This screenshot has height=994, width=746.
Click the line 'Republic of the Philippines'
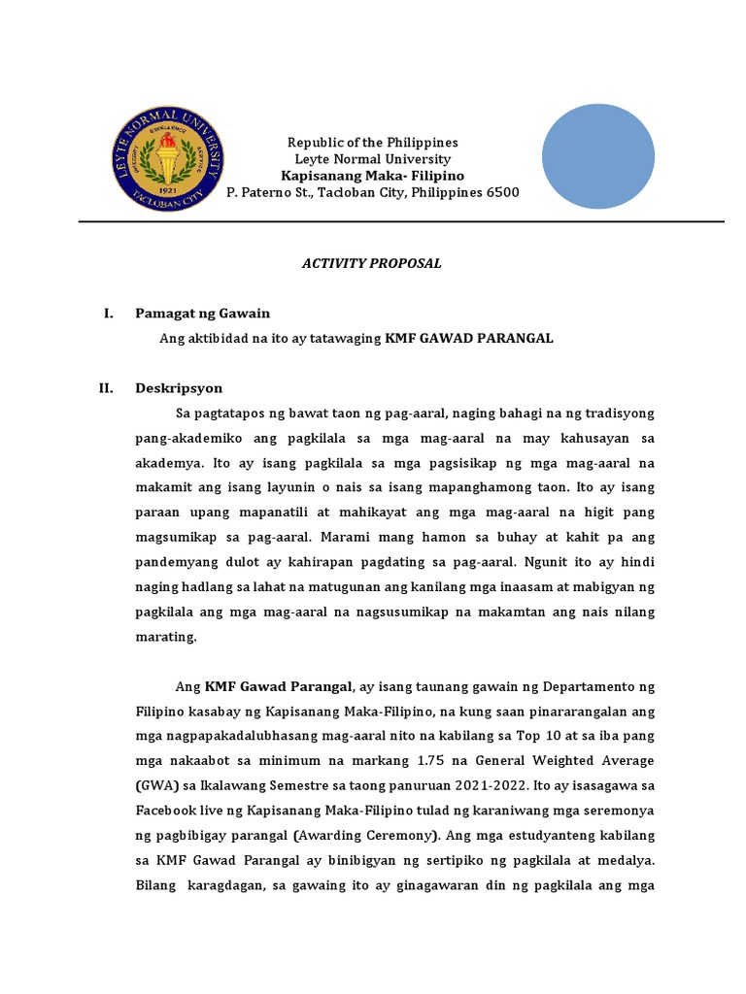point(373,142)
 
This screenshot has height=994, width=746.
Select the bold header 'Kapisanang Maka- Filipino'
point(373,176)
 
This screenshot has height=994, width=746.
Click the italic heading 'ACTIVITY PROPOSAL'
point(373,263)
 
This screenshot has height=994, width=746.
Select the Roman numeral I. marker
point(109,314)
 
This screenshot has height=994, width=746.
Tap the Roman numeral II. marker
point(107,388)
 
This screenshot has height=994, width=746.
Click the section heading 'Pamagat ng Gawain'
point(202,314)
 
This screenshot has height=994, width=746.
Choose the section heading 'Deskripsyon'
point(179,388)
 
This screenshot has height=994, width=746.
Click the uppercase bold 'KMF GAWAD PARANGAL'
point(469,339)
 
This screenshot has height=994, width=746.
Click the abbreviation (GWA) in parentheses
point(158,784)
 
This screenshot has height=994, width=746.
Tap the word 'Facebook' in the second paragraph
point(165,810)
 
